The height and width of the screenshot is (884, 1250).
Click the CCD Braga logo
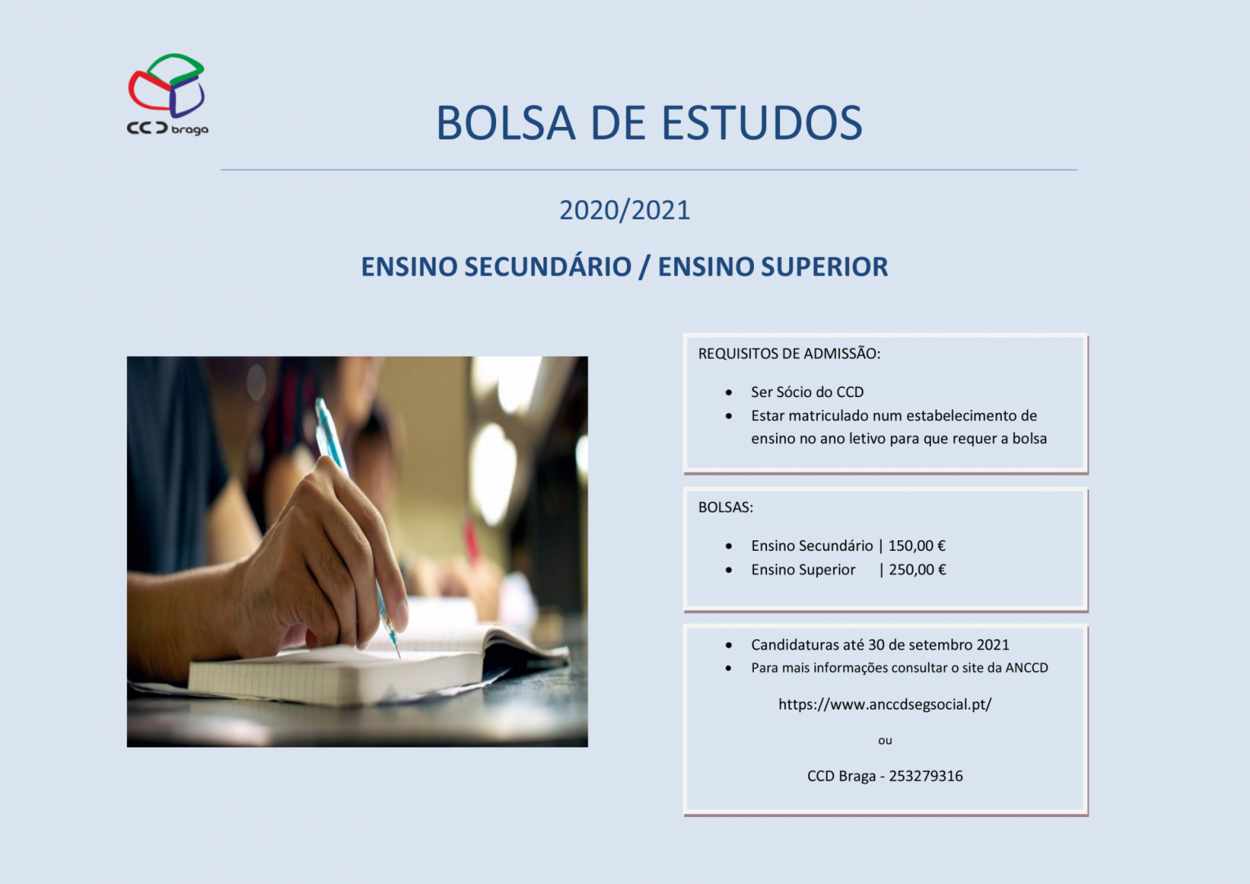click(x=168, y=94)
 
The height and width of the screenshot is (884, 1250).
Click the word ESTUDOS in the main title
click(x=762, y=123)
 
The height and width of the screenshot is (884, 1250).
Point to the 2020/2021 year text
click(x=625, y=210)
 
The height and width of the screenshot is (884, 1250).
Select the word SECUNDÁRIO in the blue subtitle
click(x=548, y=266)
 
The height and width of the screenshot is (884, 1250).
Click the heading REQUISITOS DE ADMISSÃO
click(x=789, y=354)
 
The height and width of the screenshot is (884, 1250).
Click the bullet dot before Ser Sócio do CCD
click(x=729, y=393)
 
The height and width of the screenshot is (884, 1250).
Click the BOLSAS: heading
click(x=725, y=507)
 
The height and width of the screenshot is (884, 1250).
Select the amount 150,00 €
click(x=917, y=546)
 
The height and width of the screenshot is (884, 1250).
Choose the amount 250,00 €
click(x=918, y=570)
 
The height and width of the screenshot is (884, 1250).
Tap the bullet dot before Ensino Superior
click(x=729, y=571)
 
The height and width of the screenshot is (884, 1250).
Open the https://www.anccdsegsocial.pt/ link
click(x=885, y=705)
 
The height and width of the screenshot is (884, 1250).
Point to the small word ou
click(x=885, y=741)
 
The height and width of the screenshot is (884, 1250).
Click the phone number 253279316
click(x=926, y=776)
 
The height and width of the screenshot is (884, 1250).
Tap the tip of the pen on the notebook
click(x=399, y=657)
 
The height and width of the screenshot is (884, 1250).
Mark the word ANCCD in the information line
click(x=1027, y=668)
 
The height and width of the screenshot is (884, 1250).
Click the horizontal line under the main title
click(x=649, y=169)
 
